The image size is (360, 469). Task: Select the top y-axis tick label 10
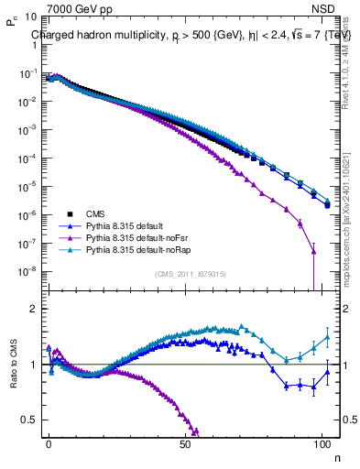click(29, 17)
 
